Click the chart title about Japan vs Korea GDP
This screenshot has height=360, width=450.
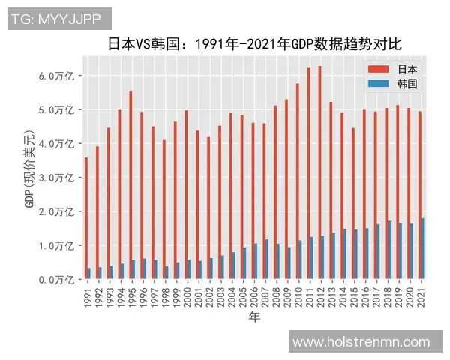[x=255, y=43]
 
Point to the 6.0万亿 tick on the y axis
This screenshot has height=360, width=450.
[x=55, y=76]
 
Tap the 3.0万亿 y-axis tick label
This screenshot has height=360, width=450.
[x=55, y=178]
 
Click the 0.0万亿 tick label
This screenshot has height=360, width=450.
[x=55, y=280]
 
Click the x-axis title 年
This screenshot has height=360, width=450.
[x=255, y=318]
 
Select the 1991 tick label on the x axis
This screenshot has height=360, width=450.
[x=88, y=295]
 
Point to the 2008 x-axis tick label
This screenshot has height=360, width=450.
[x=277, y=295]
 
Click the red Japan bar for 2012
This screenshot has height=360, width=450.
[x=319, y=172]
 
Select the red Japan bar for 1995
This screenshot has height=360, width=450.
[x=130, y=184]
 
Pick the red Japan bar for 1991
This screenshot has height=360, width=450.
[x=86, y=218]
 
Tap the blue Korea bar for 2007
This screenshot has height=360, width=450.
[x=267, y=259]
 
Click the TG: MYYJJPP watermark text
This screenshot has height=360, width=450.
[x=59, y=19]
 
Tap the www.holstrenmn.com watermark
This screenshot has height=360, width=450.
[x=361, y=342]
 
